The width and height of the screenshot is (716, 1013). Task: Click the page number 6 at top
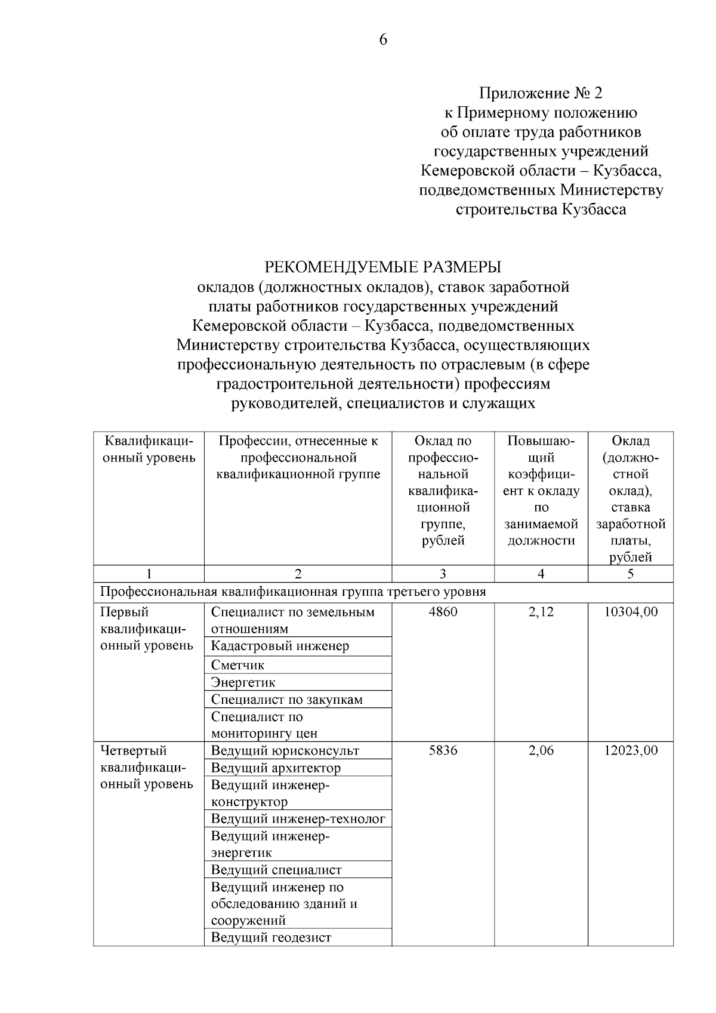click(x=382, y=40)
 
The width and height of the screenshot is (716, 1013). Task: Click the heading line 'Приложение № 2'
click(x=541, y=93)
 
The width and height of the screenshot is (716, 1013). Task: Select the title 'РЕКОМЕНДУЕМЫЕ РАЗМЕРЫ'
click(x=383, y=267)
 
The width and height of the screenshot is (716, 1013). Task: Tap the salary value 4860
click(x=443, y=612)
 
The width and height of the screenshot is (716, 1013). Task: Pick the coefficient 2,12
click(x=541, y=612)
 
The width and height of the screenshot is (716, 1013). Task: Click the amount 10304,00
click(x=631, y=612)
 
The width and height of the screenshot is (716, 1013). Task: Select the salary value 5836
click(x=443, y=750)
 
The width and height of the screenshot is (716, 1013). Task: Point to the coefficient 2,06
click(x=541, y=750)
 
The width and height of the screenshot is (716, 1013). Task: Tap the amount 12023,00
click(x=631, y=750)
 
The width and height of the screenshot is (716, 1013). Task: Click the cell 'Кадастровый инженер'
click(x=280, y=646)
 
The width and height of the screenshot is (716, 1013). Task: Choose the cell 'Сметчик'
click(x=237, y=665)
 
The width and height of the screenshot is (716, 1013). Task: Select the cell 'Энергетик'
click(x=243, y=682)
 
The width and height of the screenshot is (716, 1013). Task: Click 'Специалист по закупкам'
click(x=286, y=700)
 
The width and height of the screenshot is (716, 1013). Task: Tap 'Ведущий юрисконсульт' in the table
click(x=285, y=750)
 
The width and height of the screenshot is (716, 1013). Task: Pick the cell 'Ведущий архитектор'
click(x=276, y=768)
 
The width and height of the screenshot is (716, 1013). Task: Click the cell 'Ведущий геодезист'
click(x=271, y=937)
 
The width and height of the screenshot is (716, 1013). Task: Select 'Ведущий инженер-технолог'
click(x=298, y=818)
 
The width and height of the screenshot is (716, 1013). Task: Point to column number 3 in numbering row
click(x=443, y=574)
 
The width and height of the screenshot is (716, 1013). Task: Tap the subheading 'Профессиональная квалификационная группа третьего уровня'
click(x=292, y=592)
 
